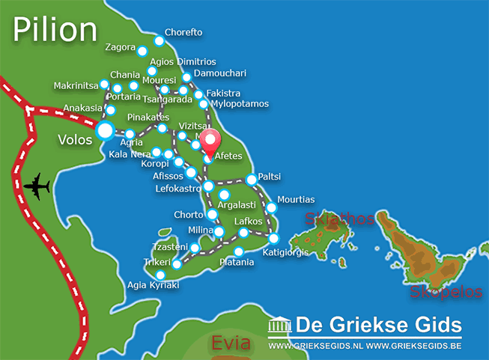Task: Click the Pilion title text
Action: tap(55, 29)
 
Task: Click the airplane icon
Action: tap(36, 186)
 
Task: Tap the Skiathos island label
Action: tap(338, 219)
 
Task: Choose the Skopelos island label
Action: tap(446, 292)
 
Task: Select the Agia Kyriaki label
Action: tap(154, 285)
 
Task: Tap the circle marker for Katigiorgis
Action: tap(274, 239)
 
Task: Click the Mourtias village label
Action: tap(296, 200)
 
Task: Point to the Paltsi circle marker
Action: tap(252, 180)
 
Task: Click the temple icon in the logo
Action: tap(281, 326)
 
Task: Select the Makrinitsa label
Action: tap(76, 86)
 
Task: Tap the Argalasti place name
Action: tap(236, 205)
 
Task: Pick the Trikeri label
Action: tap(157, 263)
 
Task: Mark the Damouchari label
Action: tap(219, 73)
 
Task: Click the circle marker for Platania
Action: tap(238, 251)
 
